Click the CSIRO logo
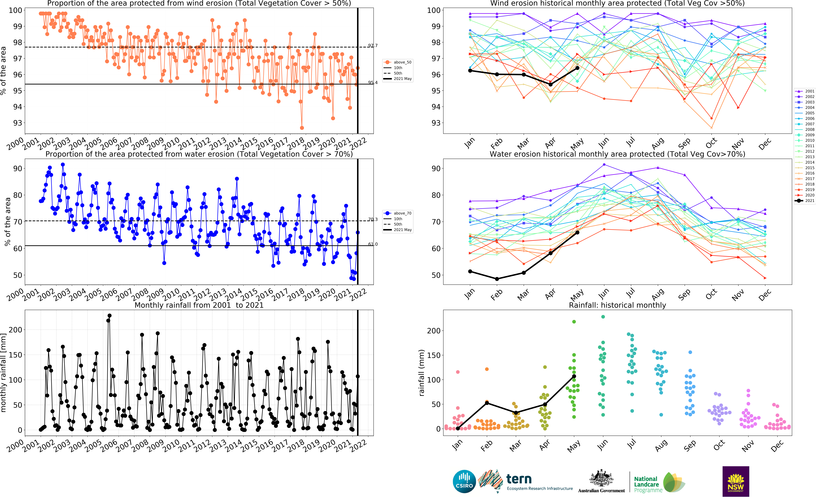464,481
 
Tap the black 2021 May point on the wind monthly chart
577,68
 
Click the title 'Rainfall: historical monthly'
618,305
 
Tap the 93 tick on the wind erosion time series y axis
17,123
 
